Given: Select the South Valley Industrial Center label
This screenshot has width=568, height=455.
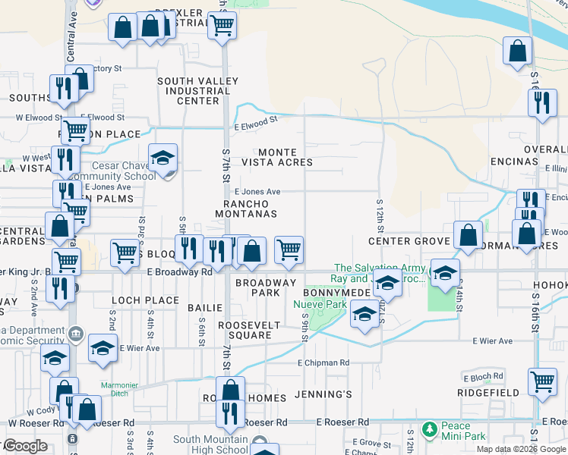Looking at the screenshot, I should tap(193, 90).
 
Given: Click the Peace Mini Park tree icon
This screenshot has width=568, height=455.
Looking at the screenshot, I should tap(430, 430).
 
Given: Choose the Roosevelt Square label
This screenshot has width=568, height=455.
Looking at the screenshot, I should tap(249, 330).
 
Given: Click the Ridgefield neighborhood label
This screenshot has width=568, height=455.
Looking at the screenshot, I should tap(488, 393).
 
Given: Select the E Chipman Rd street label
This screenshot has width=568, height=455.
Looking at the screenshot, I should tap(323, 363).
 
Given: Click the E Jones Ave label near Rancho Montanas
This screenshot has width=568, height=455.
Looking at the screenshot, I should tap(257, 193).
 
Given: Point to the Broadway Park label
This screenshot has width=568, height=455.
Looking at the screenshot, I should tap(265, 287).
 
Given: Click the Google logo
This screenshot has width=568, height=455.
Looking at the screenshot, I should tap(25, 446).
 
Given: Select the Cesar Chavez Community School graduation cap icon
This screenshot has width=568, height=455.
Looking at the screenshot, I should tap(163, 158).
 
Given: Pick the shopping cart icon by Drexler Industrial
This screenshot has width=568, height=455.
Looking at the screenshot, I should tap(222, 25).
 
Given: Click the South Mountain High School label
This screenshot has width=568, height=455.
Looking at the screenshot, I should tap(210, 444).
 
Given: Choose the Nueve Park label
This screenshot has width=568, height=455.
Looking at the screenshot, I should tap(320, 305).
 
